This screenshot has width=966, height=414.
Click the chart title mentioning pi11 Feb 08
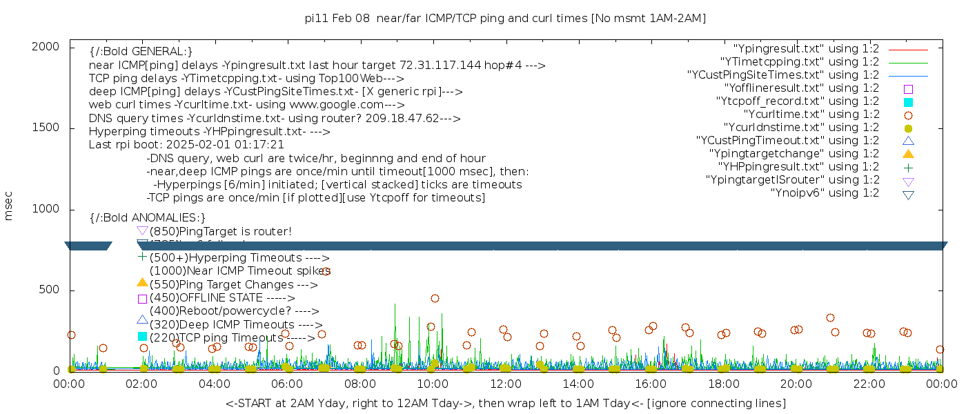tap(505, 18)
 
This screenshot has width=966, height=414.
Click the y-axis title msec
tap(9, 207)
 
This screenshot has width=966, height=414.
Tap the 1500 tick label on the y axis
tap(46, 128)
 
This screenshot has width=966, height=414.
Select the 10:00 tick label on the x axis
tap(433, 384)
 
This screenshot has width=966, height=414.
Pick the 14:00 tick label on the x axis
tap(578, 384)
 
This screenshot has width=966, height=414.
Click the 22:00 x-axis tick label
tap(868, 384)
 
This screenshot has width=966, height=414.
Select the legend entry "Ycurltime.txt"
tap(811, 115)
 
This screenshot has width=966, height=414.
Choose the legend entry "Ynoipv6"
tap(825, 193)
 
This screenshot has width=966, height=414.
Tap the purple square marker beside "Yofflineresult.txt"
tap(908, 89)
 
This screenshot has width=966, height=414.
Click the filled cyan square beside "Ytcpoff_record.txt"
tap(908, 102)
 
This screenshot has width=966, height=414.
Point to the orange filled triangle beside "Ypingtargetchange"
tap(908, 154)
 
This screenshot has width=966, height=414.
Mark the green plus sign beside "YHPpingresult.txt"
tap(908, 167)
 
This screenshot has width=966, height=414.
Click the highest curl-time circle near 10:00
tap(435, 299)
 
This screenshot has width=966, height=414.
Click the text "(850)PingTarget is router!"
tap(220, 231)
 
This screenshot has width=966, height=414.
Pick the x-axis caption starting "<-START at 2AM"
tap(505, 403)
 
